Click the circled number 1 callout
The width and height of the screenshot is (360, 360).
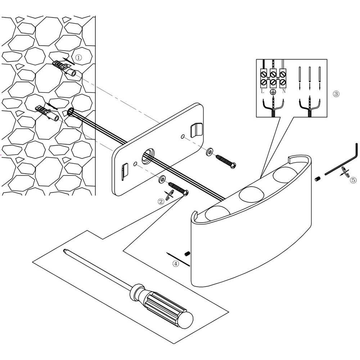[79, 57]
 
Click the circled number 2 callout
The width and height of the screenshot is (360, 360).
[161, 201]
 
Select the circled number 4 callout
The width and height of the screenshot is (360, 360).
[176, 264]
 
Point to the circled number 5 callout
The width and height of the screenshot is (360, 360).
[353, 180]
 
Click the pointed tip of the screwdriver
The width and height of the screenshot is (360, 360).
[65, 251]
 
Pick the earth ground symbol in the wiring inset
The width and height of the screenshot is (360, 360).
[273, 92]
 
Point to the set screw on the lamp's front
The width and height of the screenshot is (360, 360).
[187, 254]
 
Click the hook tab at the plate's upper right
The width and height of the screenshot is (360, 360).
[197, 130]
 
